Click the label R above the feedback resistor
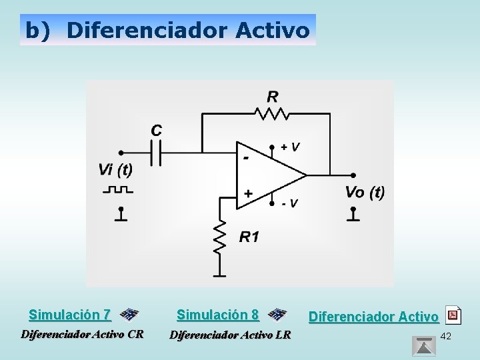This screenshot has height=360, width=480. [x=272, y=96]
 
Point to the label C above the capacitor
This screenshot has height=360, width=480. [x=156, y=131]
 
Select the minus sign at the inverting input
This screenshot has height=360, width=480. [x=246, y=159]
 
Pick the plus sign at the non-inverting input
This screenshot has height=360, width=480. [x=248, y=193]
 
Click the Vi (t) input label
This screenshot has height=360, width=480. [x=115, y=169]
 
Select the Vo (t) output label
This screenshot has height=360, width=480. [x=364, y=193]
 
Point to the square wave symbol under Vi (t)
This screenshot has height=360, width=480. [x=118, y=190]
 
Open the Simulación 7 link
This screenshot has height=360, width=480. [x=70, y=314]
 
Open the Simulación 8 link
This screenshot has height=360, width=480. [x=217, y=314]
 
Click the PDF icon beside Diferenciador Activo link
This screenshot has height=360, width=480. [x=453, y=314]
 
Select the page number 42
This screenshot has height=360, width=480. [x=446, y=336]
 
